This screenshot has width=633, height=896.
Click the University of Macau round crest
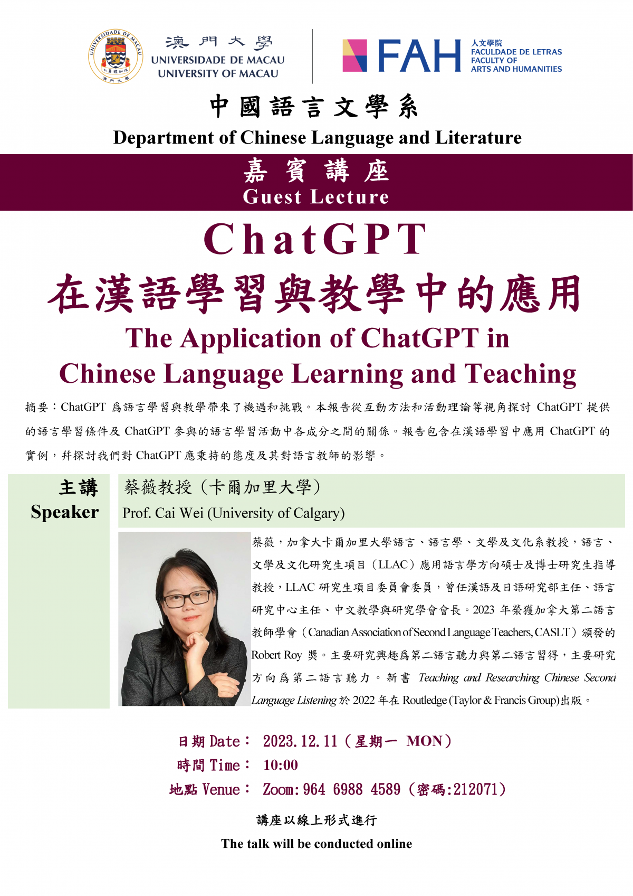115,56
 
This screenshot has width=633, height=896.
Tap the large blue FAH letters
419,56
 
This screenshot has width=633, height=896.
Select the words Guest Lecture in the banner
316,197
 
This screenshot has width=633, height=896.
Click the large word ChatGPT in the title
315,239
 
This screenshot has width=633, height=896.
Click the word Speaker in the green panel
64,512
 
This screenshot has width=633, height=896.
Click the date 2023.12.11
300,741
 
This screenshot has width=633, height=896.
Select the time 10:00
281,765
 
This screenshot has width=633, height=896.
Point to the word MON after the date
424,741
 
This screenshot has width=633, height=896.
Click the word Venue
221,790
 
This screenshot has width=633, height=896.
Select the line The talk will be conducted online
316,844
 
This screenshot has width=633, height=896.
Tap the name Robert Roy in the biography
276,655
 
